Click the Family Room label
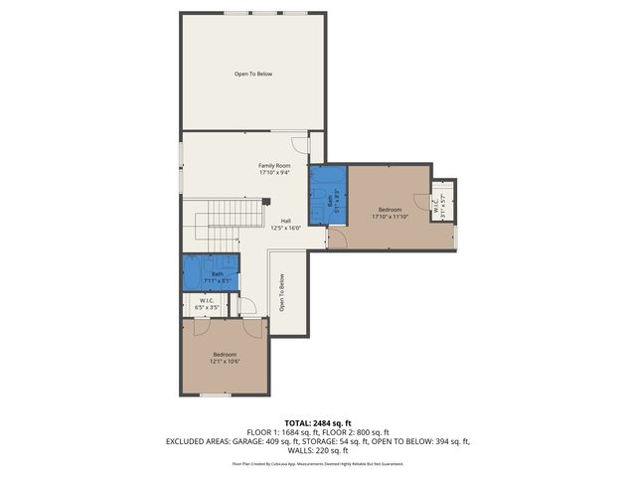[x=274, y=165]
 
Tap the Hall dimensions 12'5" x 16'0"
[x=285, y=228]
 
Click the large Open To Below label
[x=253, y=74]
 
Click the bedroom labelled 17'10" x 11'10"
[x=388, y=213]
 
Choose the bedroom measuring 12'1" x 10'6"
[x=224, y=358]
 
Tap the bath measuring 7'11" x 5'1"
[x=217, y=277]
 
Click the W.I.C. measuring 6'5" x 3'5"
[x=208, y=304]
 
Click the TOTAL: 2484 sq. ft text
[x=318, y=422]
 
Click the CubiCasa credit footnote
[x=318, y=463]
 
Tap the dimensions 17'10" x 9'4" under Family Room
[x=274, y=173]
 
